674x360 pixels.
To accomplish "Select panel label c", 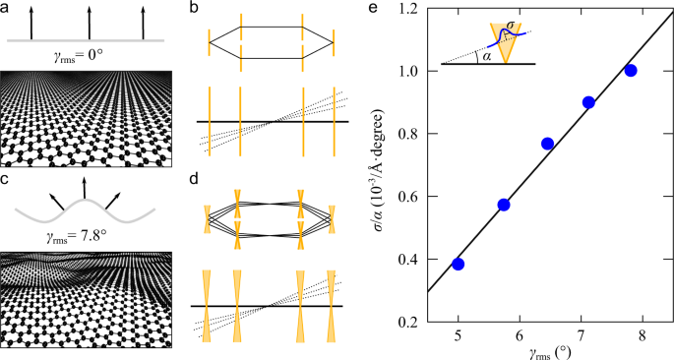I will (x=6, y=179).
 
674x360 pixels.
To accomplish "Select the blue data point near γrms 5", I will (x=459, y=264).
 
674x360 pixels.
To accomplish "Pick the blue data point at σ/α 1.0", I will (x=631, y=70).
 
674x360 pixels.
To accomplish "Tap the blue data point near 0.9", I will (x=588, y=102).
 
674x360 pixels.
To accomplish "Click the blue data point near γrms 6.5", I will (x=547, y=144).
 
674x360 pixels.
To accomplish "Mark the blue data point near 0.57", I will (x=504, y=205).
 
